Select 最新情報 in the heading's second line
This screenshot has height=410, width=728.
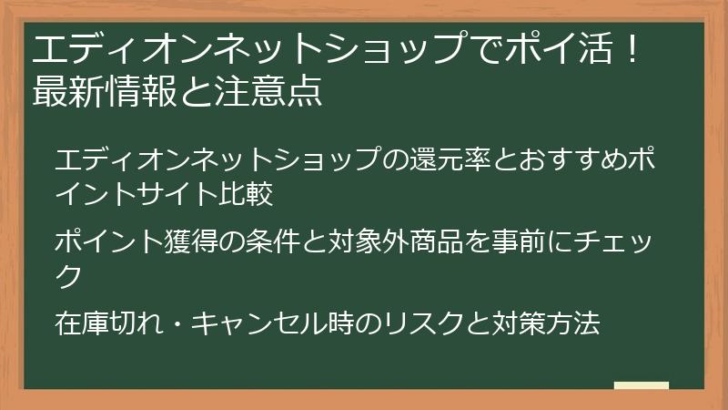click(105, 90)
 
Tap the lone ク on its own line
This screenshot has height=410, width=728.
click(68, 276)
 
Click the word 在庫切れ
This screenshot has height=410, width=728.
click(109, 323)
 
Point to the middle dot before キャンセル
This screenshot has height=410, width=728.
click(177, 324)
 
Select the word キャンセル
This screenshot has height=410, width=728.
click(259, 323)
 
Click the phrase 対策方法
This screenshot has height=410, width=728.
click(545, 323)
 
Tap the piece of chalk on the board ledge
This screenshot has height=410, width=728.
click(642, 385)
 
